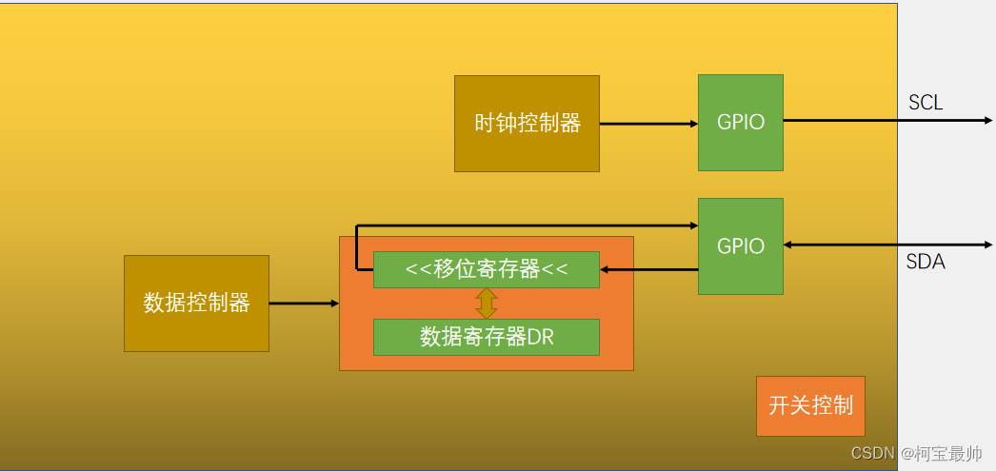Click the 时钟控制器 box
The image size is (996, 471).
(x=527, y=124)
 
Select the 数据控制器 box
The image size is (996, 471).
(x=196, y=304)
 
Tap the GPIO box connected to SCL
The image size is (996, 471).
(x=740, y=123)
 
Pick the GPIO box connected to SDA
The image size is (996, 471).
(x=740, y=246)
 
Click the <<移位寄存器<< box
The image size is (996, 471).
(x=486, y=269)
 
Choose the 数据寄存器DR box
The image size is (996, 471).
(x=486, y=337)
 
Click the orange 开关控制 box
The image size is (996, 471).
(x=810, y=405)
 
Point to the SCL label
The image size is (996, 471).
(x=926, y=103)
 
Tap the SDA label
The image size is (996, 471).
(x=926, y=262)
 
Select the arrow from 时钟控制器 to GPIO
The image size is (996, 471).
(x=647, y=124)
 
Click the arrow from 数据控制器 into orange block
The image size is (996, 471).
(x=304, y=304)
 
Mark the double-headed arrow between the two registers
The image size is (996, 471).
(x=487, y=303)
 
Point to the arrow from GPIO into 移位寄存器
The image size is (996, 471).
(x=648, y=269)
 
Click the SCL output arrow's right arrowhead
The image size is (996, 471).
(x=988, y=121)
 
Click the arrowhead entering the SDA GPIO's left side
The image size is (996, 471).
(x=692, y=226)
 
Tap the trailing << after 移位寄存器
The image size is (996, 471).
(x=555, y=269)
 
